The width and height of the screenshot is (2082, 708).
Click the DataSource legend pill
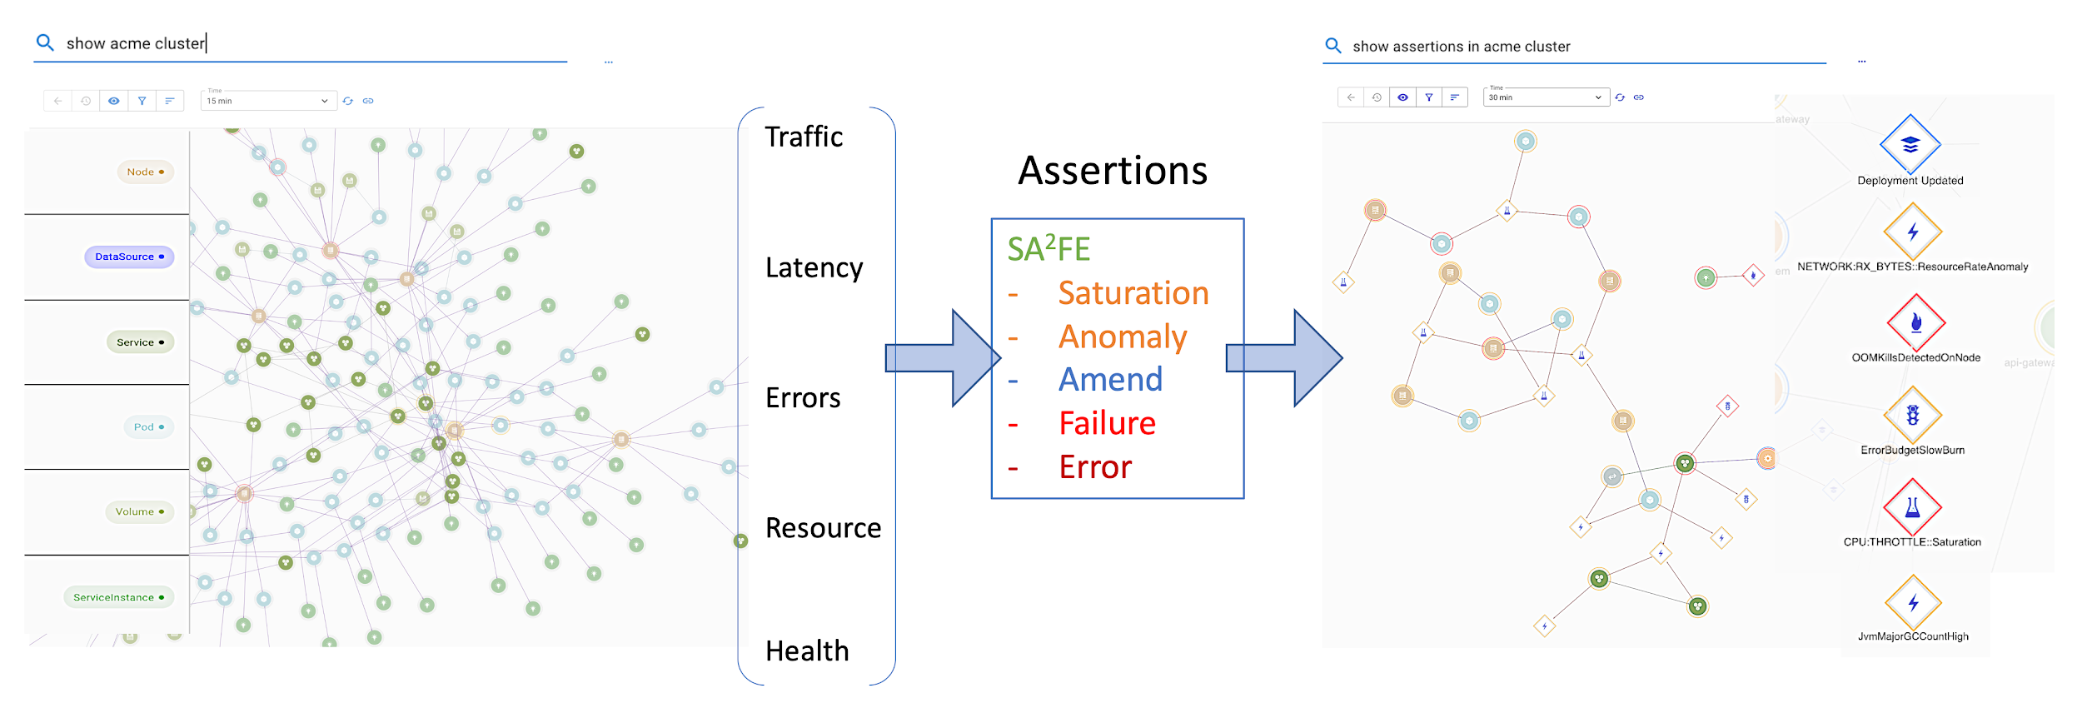[x=129, y=257]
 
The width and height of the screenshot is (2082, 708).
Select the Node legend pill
[x=145, y=172]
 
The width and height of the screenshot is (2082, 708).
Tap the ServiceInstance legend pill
[x=118, y=597]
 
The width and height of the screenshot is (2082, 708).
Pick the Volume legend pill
[x=139, y=511]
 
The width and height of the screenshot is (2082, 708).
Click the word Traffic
[x=804, y=137]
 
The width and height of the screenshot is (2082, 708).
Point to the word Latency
[x=814, y=267]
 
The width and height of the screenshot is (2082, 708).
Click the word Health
[x=807, y=651]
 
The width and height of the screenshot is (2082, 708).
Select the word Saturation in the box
[x=1133, y=293]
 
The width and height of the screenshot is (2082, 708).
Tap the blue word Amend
[x=1110, y=380]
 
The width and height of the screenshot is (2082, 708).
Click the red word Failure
[x=1107, y=423]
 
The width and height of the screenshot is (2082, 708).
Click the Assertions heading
[x=1113, y=171]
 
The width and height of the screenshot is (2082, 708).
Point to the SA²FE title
[x=1048, y=248]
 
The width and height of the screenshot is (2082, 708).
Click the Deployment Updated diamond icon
[x=1910, y=144]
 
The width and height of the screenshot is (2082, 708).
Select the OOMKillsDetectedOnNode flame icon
[x=1915, y=322]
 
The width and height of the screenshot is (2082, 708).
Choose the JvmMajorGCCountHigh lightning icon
[x=1913, y=602]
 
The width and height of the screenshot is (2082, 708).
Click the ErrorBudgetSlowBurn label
[x=1912, y=451]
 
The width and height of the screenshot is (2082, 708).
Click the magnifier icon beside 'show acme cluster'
[x=45, y=42]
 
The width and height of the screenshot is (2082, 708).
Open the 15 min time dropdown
[x=268, y=101]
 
